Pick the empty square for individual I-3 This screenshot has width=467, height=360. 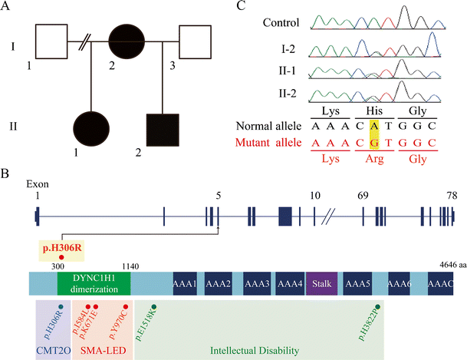point(199,40)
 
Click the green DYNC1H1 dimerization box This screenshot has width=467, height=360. point(94,282)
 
